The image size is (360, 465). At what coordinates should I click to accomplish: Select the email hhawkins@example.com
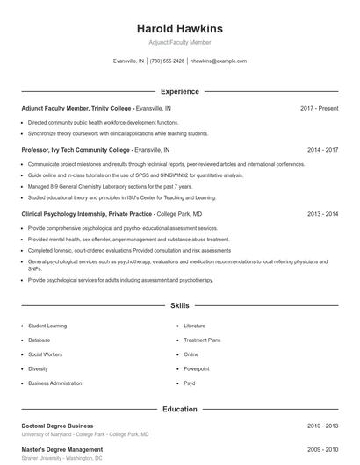[219, 61]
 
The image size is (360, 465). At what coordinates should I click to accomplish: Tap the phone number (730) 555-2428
[167, 61]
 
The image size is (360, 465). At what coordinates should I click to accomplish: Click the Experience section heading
[180, 91]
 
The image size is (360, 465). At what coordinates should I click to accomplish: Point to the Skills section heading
[180, 306]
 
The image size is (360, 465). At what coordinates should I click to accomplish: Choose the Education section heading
[180, 409]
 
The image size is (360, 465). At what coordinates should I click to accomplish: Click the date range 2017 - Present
[319, 108]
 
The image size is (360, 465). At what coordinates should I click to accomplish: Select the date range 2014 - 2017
[322, 150]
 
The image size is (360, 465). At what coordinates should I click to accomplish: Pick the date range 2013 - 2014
[322, 213]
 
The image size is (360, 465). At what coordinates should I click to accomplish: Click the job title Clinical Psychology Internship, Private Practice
[87, 213]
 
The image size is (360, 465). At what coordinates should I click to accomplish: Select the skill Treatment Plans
[202, 340]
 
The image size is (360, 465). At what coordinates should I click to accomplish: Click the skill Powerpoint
[197, 368]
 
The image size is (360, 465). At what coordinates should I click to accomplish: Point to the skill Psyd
[190, 383]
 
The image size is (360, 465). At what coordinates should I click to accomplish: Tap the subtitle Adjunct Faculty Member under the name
[180, 42]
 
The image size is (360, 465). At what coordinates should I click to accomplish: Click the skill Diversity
[39, 368]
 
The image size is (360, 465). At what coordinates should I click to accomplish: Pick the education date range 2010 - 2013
[322, 426]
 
